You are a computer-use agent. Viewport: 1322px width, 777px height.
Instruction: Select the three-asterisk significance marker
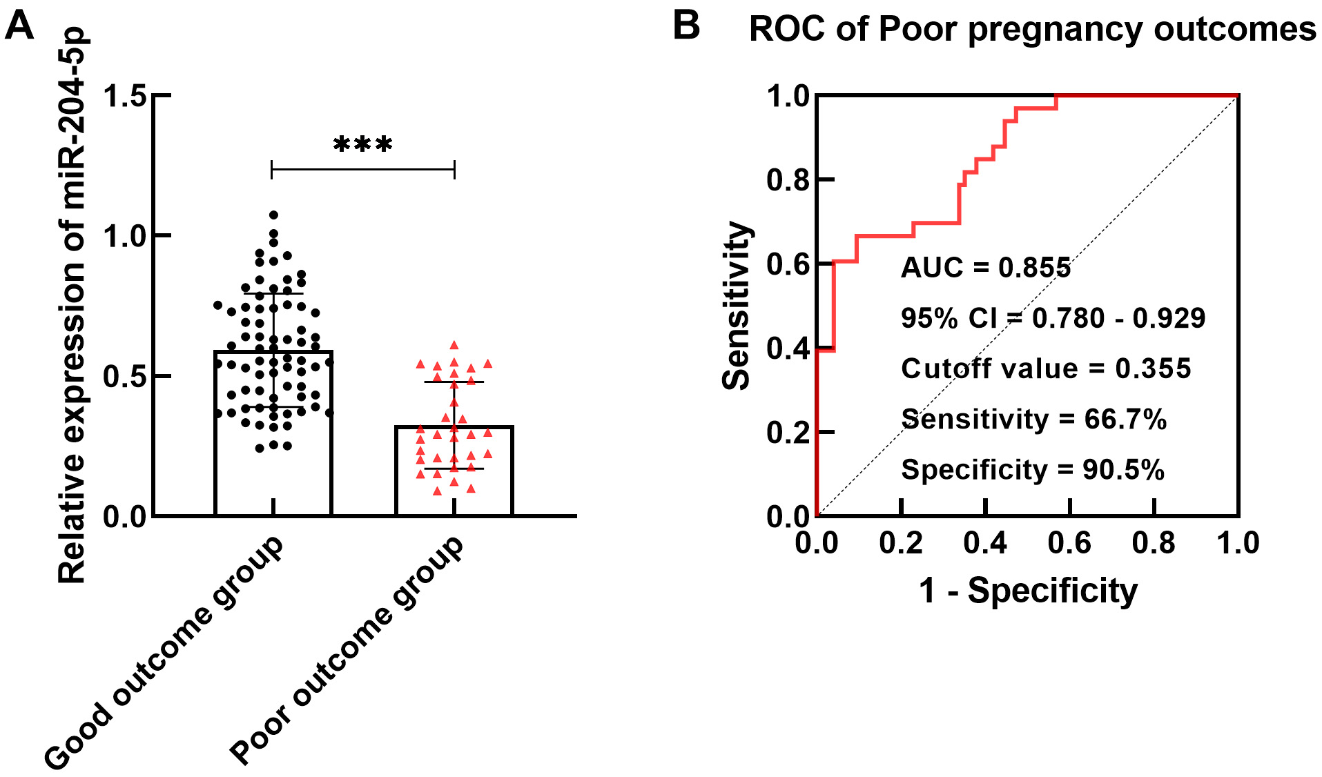tap(363, 144)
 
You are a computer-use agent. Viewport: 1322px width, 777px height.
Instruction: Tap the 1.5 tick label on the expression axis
tap(125, 96)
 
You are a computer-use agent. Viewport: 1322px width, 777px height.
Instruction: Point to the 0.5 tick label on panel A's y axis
tap(125, 377)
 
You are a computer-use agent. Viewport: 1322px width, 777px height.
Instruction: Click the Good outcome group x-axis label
tap(164, 652)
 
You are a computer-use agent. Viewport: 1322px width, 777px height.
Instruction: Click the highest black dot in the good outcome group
tap(274, 215)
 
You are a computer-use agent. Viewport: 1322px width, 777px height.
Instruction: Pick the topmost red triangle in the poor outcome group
tap(454, 345)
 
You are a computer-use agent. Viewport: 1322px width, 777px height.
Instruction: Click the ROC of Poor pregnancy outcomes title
tap(1032, 30)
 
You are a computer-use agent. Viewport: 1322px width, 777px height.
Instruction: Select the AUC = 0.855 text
tap(986, 268)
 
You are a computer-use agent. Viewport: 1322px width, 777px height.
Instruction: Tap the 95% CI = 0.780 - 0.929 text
tap(1053, 318)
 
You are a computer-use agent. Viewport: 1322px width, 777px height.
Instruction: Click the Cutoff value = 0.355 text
tap(1046, 368)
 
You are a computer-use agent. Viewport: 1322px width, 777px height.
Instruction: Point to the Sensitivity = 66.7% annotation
tap(1034, 419)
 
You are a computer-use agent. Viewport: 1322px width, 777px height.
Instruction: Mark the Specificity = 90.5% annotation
tap(1033, 470)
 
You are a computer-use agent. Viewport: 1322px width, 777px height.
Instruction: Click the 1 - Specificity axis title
tap(1028, 591)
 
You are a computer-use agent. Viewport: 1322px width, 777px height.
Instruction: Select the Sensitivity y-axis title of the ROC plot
tap(736, 306)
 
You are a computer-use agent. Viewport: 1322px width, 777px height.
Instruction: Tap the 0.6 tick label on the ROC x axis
tap(1069, 543)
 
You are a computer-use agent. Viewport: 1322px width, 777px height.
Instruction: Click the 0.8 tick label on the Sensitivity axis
tap(788, 180)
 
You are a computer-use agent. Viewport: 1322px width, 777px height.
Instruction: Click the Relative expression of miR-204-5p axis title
tap(72, 306)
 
